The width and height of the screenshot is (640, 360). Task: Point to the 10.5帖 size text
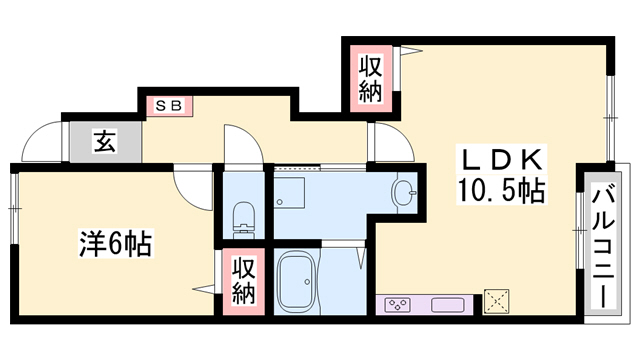point(501,190)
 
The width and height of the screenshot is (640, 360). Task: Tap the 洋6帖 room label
point(115,243)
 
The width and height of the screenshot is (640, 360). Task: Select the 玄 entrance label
point(104,142)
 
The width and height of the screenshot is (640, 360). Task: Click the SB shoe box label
point(167,104)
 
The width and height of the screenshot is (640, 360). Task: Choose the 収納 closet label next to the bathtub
point(244,281)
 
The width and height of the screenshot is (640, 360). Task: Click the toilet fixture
point(240,214)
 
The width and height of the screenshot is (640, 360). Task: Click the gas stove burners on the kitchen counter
point(395,303)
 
